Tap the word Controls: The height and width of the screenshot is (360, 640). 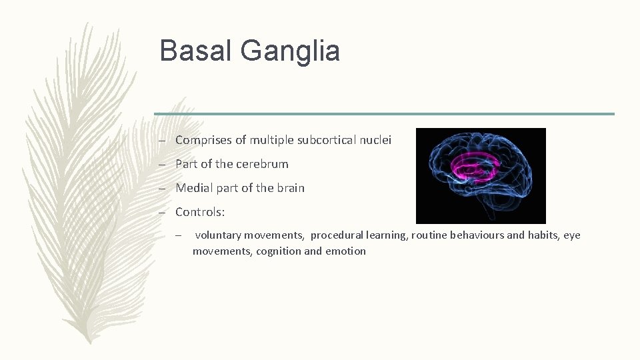tap(200, 212)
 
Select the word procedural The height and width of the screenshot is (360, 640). tap(335, 235)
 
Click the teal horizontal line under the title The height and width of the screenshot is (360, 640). tap(384, 114)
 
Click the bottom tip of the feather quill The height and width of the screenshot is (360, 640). tap(90, 343)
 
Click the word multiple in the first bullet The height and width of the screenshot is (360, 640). tap(271, 140)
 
